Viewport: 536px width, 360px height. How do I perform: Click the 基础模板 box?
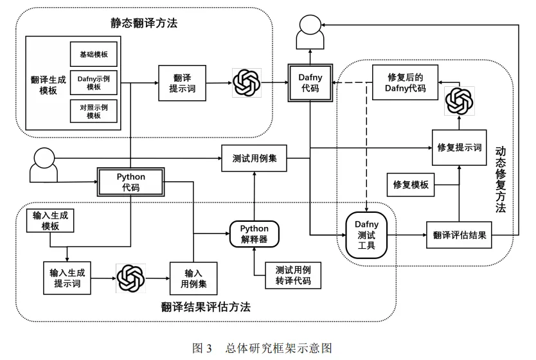[94, 54]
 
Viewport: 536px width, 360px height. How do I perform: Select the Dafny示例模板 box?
[94, 82]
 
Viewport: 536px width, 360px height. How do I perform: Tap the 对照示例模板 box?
[94, 111]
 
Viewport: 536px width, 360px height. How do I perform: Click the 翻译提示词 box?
[182, 83]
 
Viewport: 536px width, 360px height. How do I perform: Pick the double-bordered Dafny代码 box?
[310, 83]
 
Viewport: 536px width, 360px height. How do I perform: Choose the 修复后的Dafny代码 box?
[405, 82]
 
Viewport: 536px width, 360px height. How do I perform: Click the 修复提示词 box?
[459, 148]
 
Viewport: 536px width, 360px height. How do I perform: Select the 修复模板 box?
[411, 184]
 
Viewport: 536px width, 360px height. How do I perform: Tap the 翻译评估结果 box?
[459, 235]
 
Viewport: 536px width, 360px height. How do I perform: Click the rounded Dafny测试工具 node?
[366, 235]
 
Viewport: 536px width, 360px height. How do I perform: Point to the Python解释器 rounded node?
[255, 234]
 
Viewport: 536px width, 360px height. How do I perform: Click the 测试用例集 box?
[255, 158]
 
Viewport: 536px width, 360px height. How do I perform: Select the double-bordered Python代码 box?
[131, 182]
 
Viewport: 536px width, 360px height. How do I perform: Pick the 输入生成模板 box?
[50, 221]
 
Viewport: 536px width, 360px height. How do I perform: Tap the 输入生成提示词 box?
[67, 278]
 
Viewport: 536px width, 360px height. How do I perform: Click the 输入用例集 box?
[193, 278]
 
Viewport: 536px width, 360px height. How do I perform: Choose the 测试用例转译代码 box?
[293, 276]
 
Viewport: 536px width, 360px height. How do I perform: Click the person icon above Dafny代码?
[310, 32]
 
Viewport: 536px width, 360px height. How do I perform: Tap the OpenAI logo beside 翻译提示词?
[247, 83]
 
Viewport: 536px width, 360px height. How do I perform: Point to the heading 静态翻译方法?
[144, 23]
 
